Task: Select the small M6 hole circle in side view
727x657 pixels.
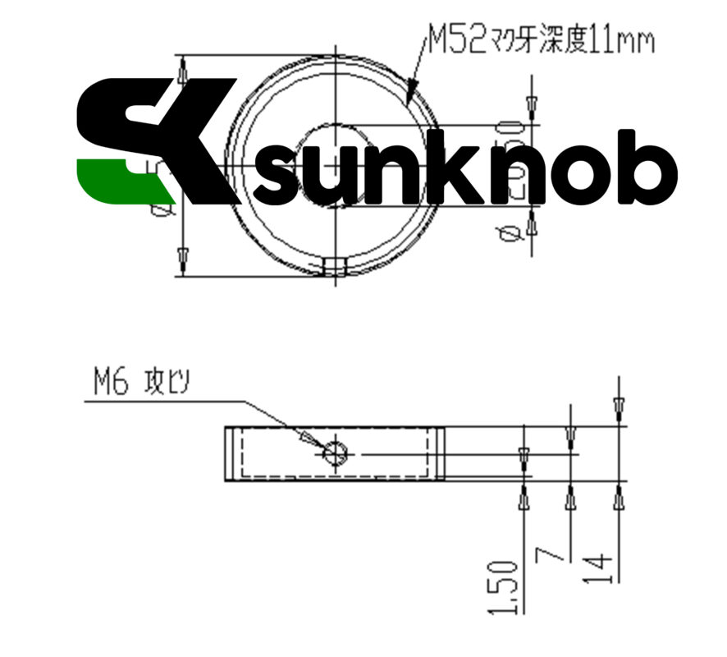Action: pyautogui.click(x=336, y=453)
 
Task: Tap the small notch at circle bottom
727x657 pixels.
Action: pyautogui.click(x=334, y=266)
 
